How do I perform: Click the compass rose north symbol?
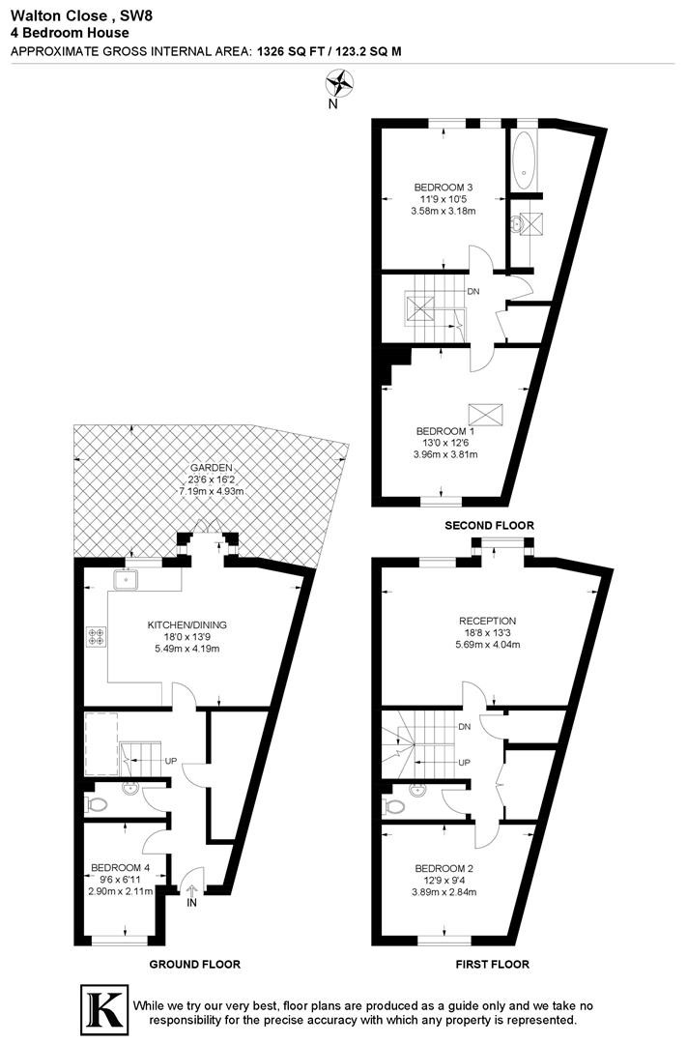339,84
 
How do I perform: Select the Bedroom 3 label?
444,188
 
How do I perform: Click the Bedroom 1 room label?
444,431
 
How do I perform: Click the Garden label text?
212,468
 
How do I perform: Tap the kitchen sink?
126,581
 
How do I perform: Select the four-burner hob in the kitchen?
96,636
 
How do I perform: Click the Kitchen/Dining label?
187,625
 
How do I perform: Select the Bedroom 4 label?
121,868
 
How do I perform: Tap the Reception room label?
487,622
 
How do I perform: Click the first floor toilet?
394,807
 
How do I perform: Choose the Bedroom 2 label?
444,869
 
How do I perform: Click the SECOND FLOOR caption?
489,526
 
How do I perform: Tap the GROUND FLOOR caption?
195,964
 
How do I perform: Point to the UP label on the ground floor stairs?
170,761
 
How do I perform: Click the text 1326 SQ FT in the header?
288,50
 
